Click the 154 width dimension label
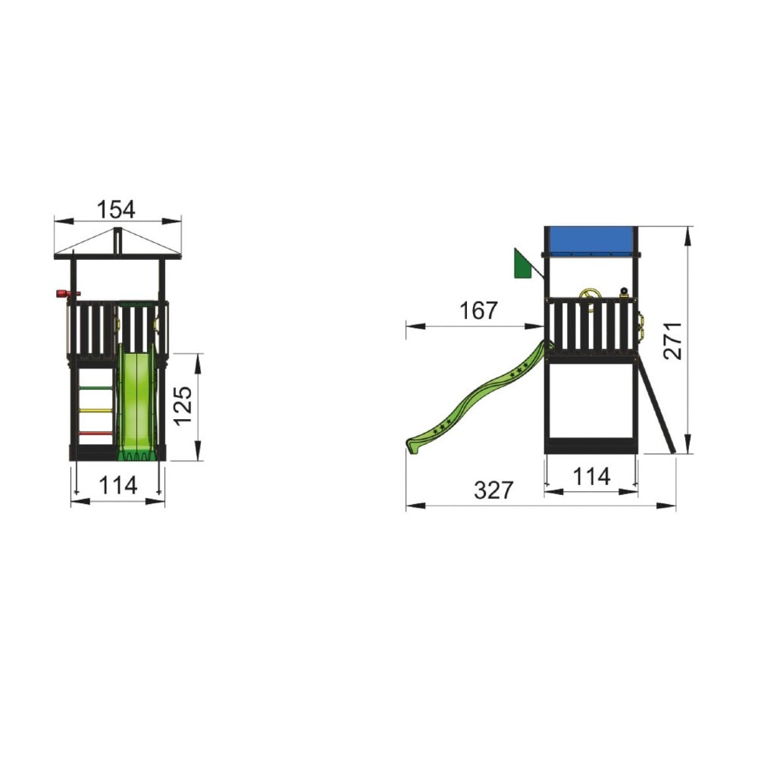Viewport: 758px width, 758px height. point(116,209)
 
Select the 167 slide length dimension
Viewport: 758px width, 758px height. point(478,310)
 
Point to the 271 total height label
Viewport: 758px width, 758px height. point(672,340)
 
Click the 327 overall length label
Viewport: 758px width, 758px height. point(493,490)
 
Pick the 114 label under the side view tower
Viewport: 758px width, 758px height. point(591,477)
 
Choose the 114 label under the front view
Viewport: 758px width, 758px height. point(118,485)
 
